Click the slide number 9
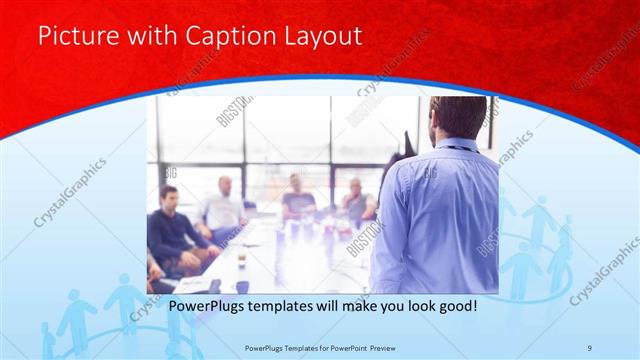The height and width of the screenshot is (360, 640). pyautogui.click(x=591, y=349)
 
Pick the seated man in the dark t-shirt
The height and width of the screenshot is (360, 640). pyautogui.click(x=297, y=195)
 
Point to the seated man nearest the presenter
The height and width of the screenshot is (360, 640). pyautogui.click(x=355, y=198)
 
